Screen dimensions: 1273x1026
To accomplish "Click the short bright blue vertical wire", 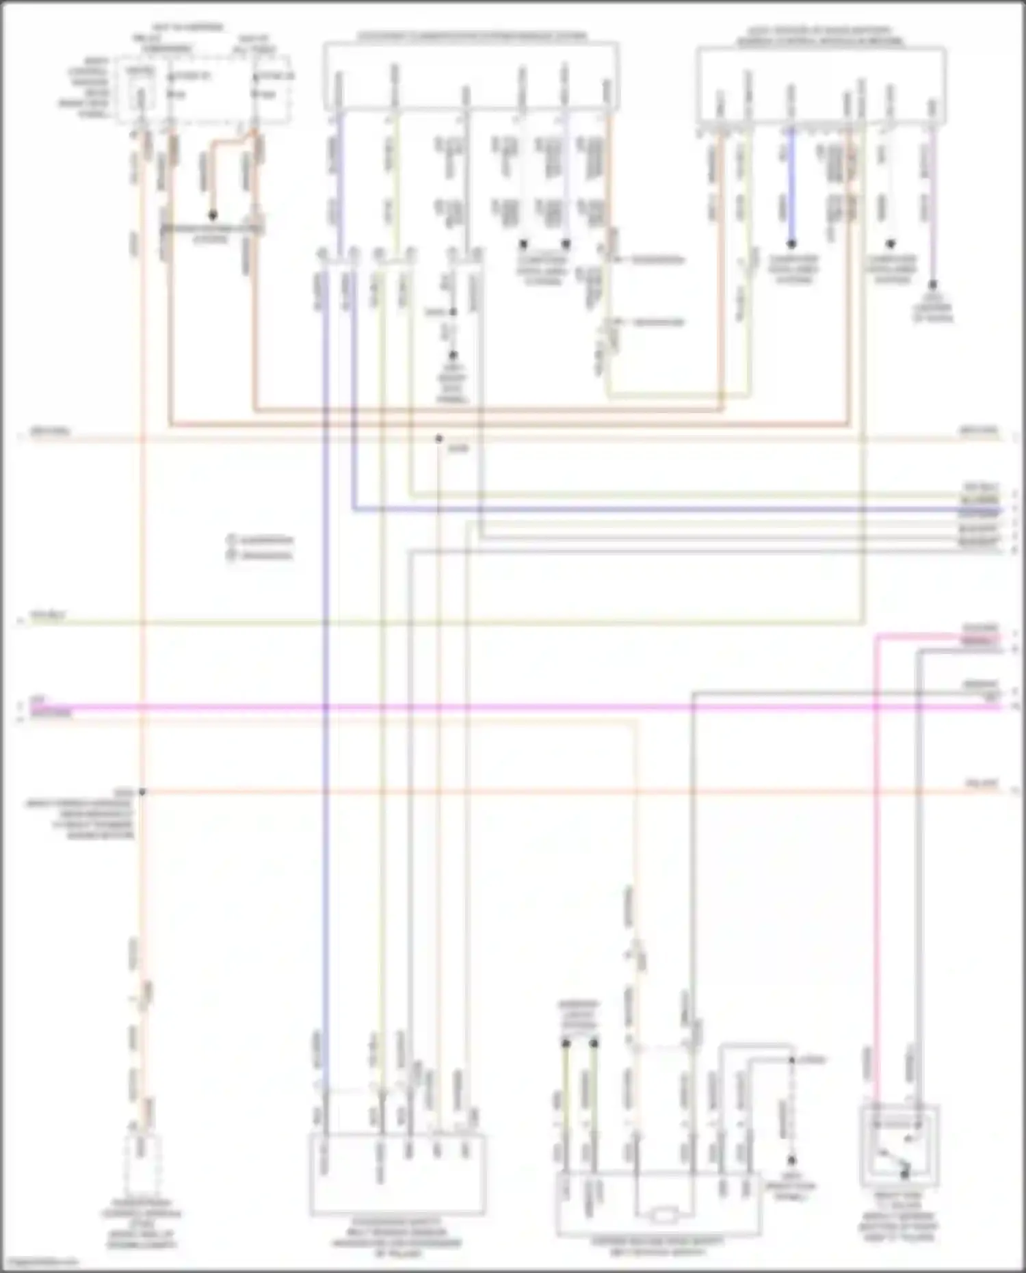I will pos(792,185).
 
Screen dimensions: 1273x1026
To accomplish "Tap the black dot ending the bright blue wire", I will pos(792,244).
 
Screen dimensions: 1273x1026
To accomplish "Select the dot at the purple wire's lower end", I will pos(933,284).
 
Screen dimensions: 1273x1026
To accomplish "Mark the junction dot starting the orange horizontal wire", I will pos(142,791).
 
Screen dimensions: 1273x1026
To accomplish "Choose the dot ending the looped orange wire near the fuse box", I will pos(213,215).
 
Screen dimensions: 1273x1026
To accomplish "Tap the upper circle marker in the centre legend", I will pos(231,540).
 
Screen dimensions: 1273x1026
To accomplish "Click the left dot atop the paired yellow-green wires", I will pos(566,1043).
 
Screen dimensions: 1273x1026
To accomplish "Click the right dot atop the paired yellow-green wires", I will pos(594,1043).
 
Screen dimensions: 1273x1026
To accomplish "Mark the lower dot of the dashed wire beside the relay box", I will pos(791,1161).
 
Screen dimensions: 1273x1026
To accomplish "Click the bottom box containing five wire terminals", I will pos(397,1174).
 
